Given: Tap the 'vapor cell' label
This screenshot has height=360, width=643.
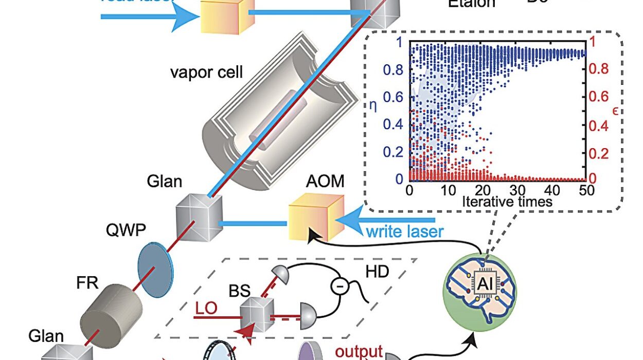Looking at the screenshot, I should click(206, 71).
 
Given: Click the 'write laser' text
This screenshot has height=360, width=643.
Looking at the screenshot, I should click(404, 231).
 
